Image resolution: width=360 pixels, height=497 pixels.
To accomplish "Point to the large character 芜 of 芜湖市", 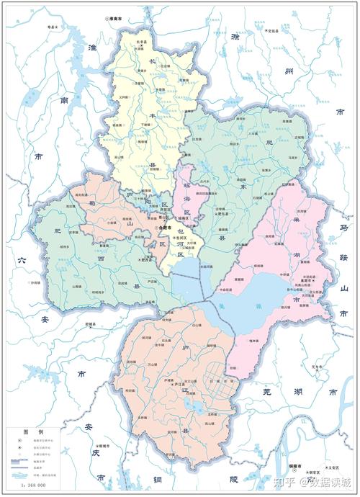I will tap(268, 393).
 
